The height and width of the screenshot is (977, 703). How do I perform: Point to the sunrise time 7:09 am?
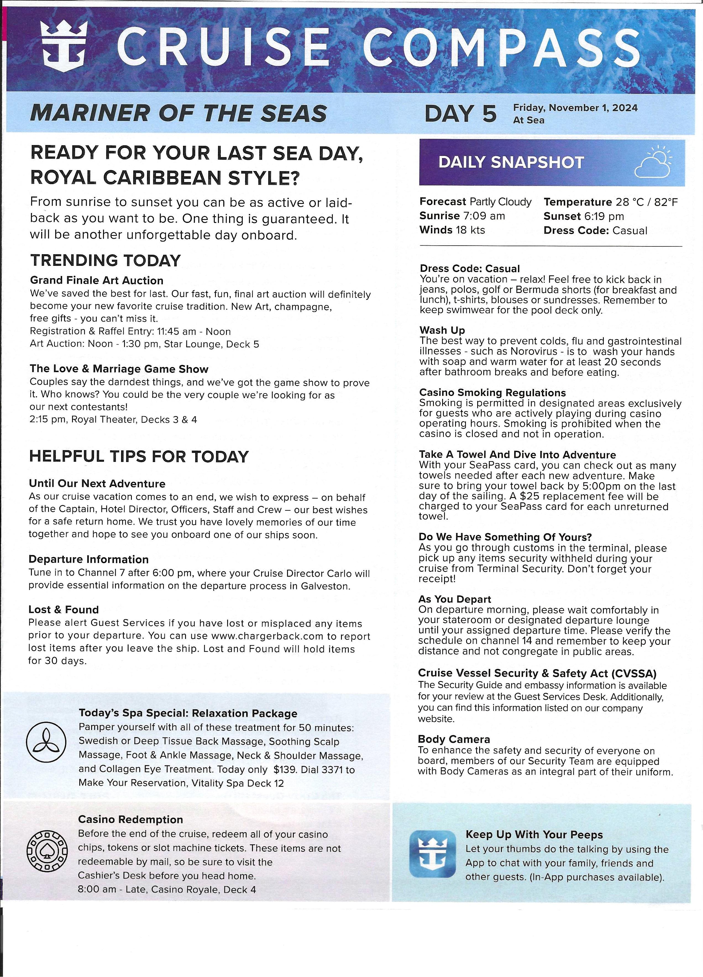tap(484, 216)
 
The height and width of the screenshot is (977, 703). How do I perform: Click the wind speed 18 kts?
tap(470, 230)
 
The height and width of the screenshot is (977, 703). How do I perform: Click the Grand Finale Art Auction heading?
tap(96, 280)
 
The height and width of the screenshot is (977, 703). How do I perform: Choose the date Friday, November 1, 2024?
tap(575, 108)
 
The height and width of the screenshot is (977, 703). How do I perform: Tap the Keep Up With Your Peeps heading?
tap(534, 835)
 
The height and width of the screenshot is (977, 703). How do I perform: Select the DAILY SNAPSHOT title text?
tap(511, 162)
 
